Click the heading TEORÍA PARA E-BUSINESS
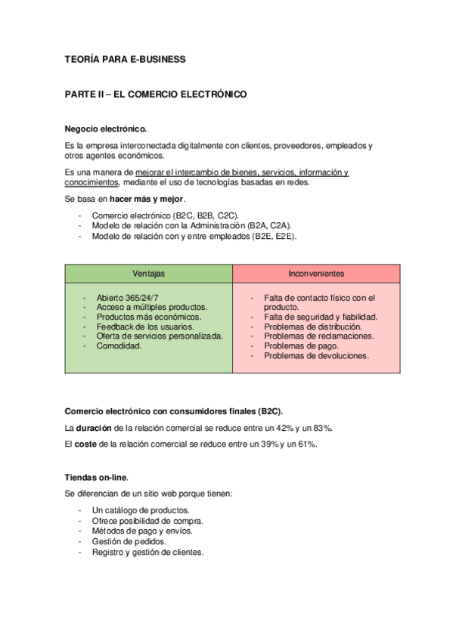pos(125,58)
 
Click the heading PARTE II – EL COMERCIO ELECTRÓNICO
pos(156,95)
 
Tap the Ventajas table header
pos(148,273)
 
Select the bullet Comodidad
pos(119,345)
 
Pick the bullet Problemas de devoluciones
pos(316,355)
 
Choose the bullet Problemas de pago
pos(301,345)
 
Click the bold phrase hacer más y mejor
pos(147,199)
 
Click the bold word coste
pos(85,444)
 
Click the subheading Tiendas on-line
pos(97,477)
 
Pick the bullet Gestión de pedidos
pos(129,542)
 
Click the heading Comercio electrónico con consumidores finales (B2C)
pos(174,411)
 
